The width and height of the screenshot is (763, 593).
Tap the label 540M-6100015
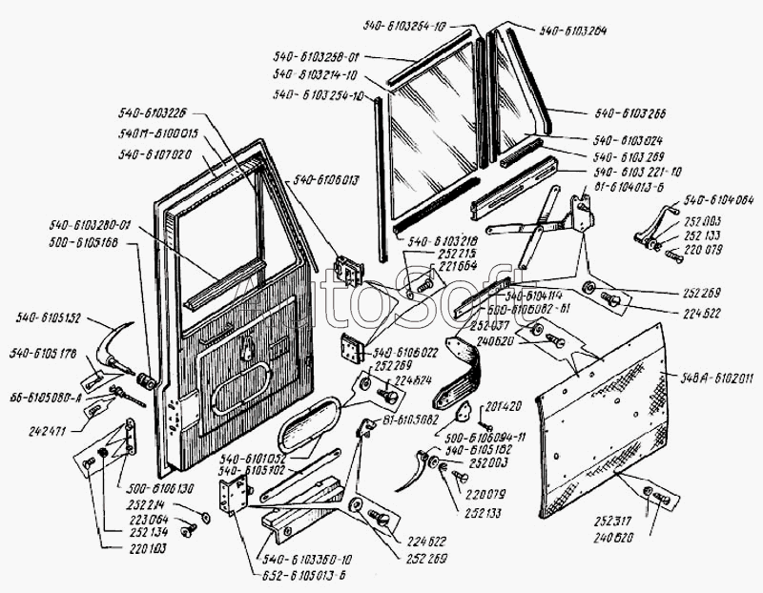[158, 133]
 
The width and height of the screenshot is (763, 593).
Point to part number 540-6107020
[155, 153]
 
